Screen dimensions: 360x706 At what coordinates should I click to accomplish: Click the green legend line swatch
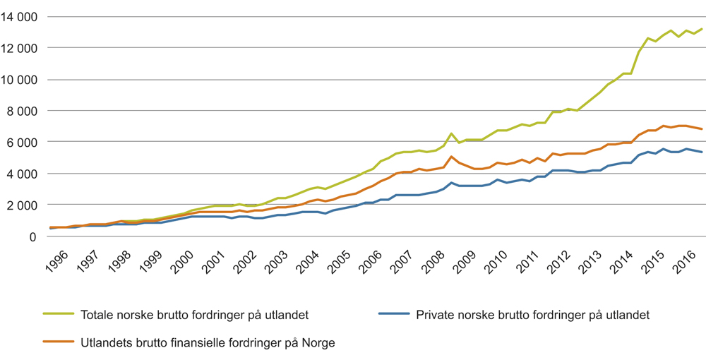pos(59,314)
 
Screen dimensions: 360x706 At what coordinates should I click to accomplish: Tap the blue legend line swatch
pos(394,314)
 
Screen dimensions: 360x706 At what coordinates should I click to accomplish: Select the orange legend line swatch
pos(59,342)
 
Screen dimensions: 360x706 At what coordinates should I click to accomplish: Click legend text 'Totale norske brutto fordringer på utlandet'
pos(195,315)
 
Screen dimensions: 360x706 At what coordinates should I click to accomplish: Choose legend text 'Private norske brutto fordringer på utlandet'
pos(533,315)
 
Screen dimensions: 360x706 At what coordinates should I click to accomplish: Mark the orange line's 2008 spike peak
pos(451,157)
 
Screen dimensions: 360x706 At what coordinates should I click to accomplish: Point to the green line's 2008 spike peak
pos(451,133)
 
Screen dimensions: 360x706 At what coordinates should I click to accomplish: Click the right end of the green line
pos(701,29)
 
